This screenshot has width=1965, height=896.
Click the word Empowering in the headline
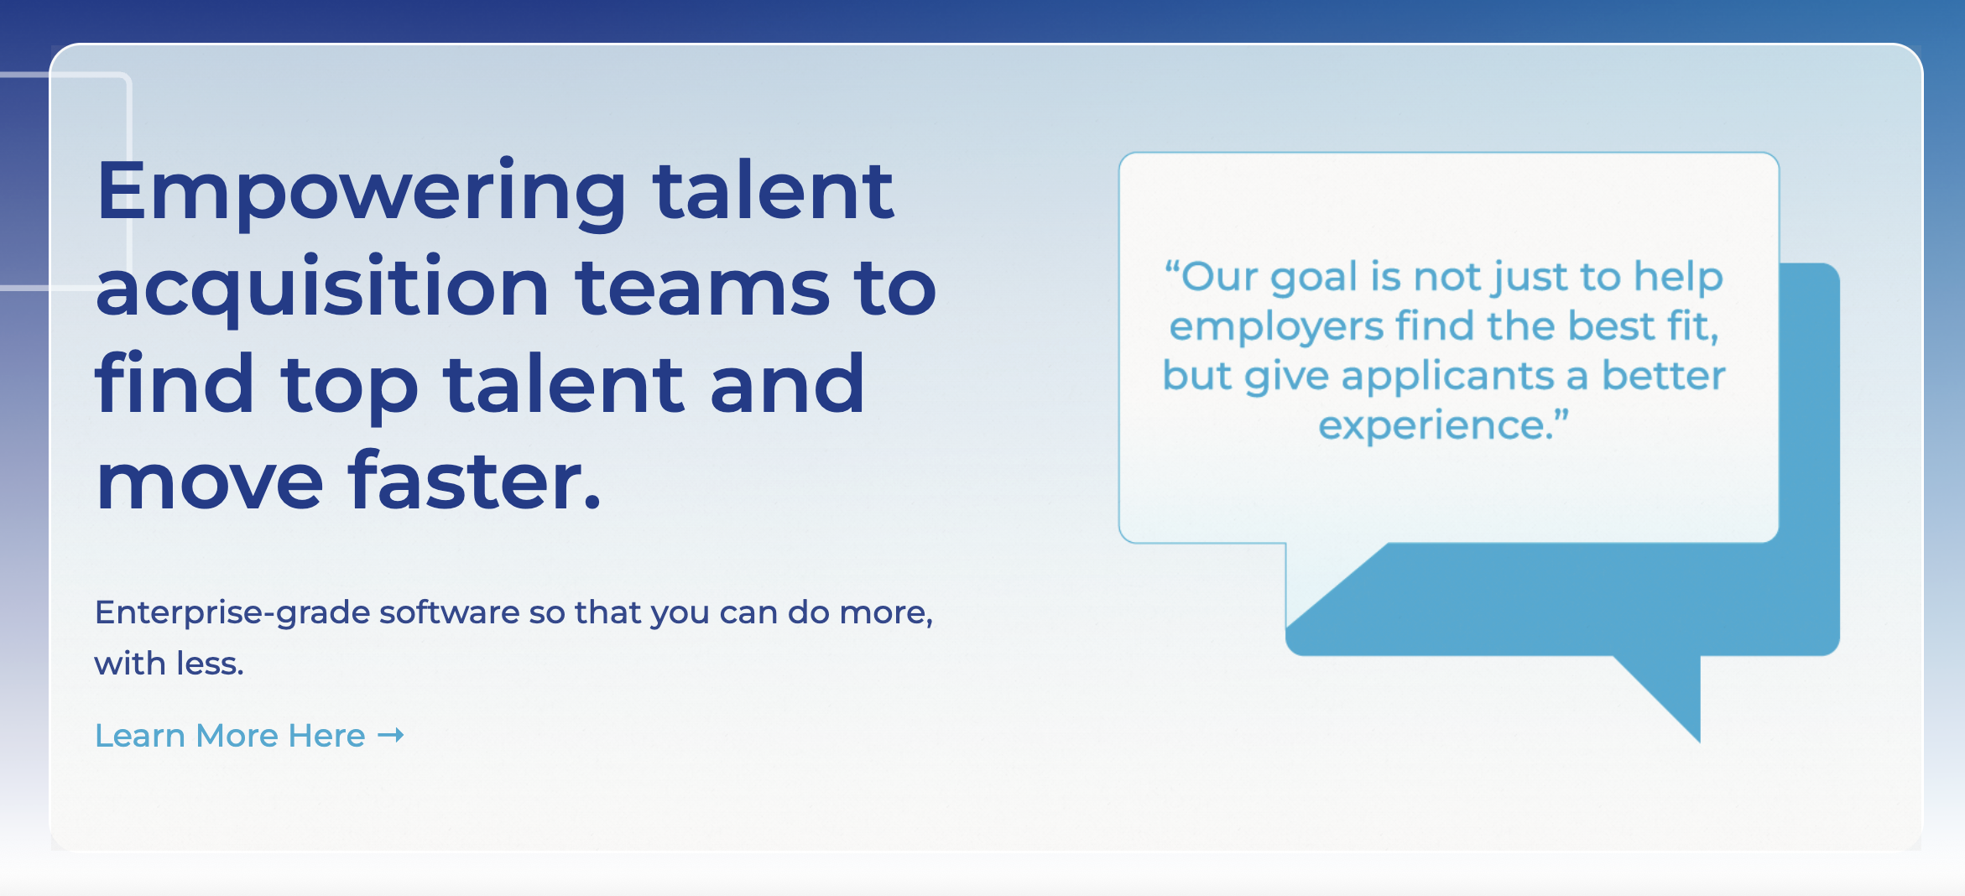pyautogui.click(x=362, y=194)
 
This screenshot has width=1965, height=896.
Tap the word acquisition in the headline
pyautogui.click(x=322, y=289)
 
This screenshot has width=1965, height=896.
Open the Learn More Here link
pyautogui.click(x=230, y=736)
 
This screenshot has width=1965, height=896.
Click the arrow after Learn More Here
pyautogui.click(x=391, y=736)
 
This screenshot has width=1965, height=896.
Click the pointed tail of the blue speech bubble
pyautogui.click(x=1698, y=740)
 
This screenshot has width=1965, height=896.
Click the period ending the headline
pyautogui.click(x=592, y=500)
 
